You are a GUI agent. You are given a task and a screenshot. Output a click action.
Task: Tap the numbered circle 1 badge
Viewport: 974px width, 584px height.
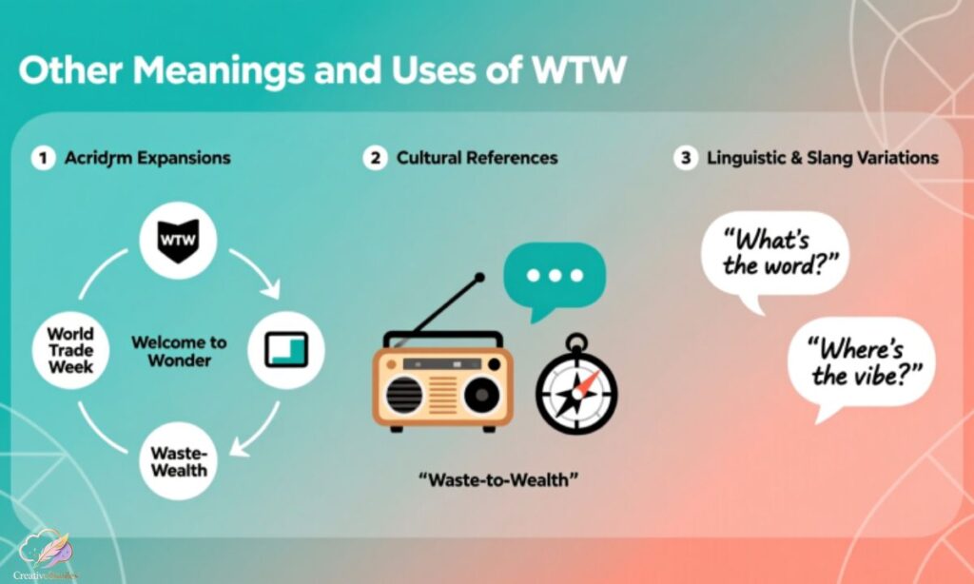pos(42,158)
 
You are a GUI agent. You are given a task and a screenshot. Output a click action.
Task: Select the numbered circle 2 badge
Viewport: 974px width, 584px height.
pos(376,158)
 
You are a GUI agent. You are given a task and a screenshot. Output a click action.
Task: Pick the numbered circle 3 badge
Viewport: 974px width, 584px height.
pos(685,158)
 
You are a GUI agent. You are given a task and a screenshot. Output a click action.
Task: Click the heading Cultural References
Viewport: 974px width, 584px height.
pos(477,158)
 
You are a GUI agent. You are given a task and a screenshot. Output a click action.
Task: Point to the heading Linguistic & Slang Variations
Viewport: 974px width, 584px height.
pos(823,158)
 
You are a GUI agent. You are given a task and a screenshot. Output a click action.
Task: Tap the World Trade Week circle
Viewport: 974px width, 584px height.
pos(71,350)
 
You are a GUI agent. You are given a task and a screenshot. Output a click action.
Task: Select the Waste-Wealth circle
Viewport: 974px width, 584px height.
pos(178,462)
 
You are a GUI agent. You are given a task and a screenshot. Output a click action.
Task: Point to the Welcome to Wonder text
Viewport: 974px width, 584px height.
pos(179,351)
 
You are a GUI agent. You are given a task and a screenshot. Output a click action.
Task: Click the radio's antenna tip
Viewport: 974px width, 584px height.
pos(480,278)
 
